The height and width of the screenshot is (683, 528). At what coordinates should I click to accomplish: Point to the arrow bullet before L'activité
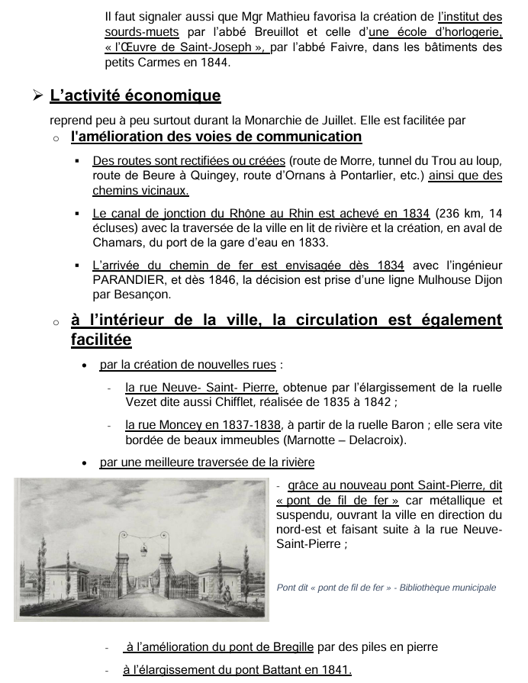pos(36,96)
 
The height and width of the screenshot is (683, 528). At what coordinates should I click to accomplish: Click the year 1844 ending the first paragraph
pos(214,63)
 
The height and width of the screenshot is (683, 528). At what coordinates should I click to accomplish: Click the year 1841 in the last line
pos(335,670)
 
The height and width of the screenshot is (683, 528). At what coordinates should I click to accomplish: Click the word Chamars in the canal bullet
pos(117,243)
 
